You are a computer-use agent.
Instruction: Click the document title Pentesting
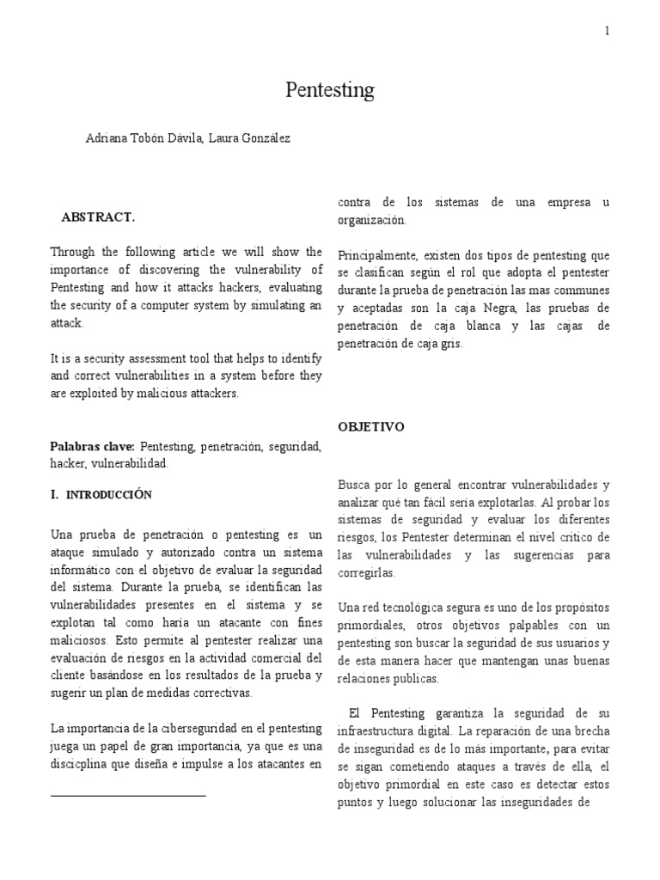[330, 89]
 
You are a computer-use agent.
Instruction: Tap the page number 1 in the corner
[607, 31]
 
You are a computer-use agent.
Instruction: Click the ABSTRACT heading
[98, 217]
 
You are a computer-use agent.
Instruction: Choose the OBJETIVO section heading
[371, 426]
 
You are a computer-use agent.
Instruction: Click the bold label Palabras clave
[92, 448]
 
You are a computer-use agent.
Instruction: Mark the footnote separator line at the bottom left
[128, 796]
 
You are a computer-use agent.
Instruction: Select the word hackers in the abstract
[222, 288]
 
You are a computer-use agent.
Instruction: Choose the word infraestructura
[382, 731]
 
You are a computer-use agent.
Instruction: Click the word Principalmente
[379, 254]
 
